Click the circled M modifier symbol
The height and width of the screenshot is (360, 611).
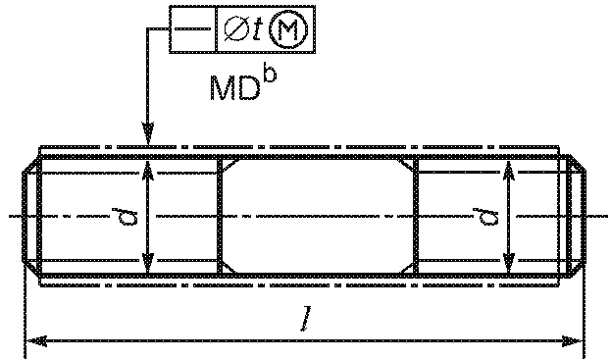[289, 29]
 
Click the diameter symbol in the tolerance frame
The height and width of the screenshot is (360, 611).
[237, 28]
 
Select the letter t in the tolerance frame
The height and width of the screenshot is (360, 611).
[258, 29]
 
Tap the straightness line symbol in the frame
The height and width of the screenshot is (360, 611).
[192, 28]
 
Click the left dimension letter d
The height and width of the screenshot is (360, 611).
[125, 217]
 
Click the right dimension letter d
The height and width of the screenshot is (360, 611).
[485, 217]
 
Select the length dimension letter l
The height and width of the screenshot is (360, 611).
[307, 319]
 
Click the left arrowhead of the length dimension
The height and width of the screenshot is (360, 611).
[36, 341]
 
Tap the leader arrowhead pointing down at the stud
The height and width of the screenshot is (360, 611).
[148, 134]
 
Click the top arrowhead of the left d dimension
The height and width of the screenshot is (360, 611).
[148, 172]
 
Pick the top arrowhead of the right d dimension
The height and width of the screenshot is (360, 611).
[509, 172]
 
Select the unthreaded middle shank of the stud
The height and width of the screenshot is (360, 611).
[318, 217]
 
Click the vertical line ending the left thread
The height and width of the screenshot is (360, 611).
[220, 217]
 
